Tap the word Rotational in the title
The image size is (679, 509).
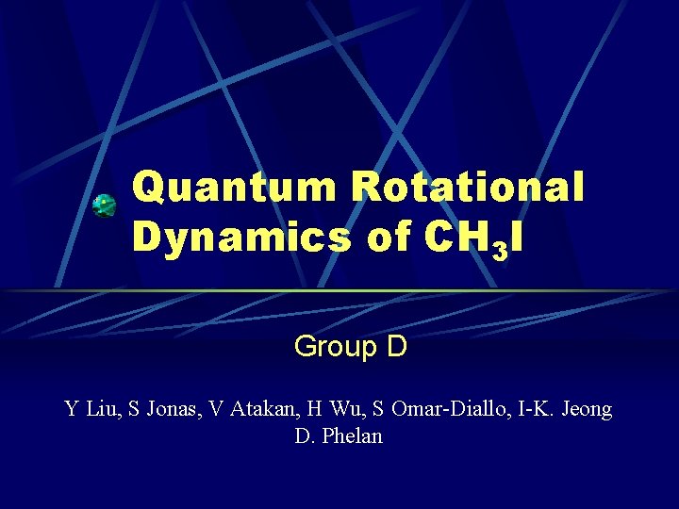click(468, 188)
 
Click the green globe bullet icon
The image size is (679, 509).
click(104, 205)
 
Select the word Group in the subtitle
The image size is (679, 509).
click(335, 347)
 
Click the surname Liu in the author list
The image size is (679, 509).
click(105, 409)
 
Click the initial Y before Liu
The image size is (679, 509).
click(72, 409)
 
